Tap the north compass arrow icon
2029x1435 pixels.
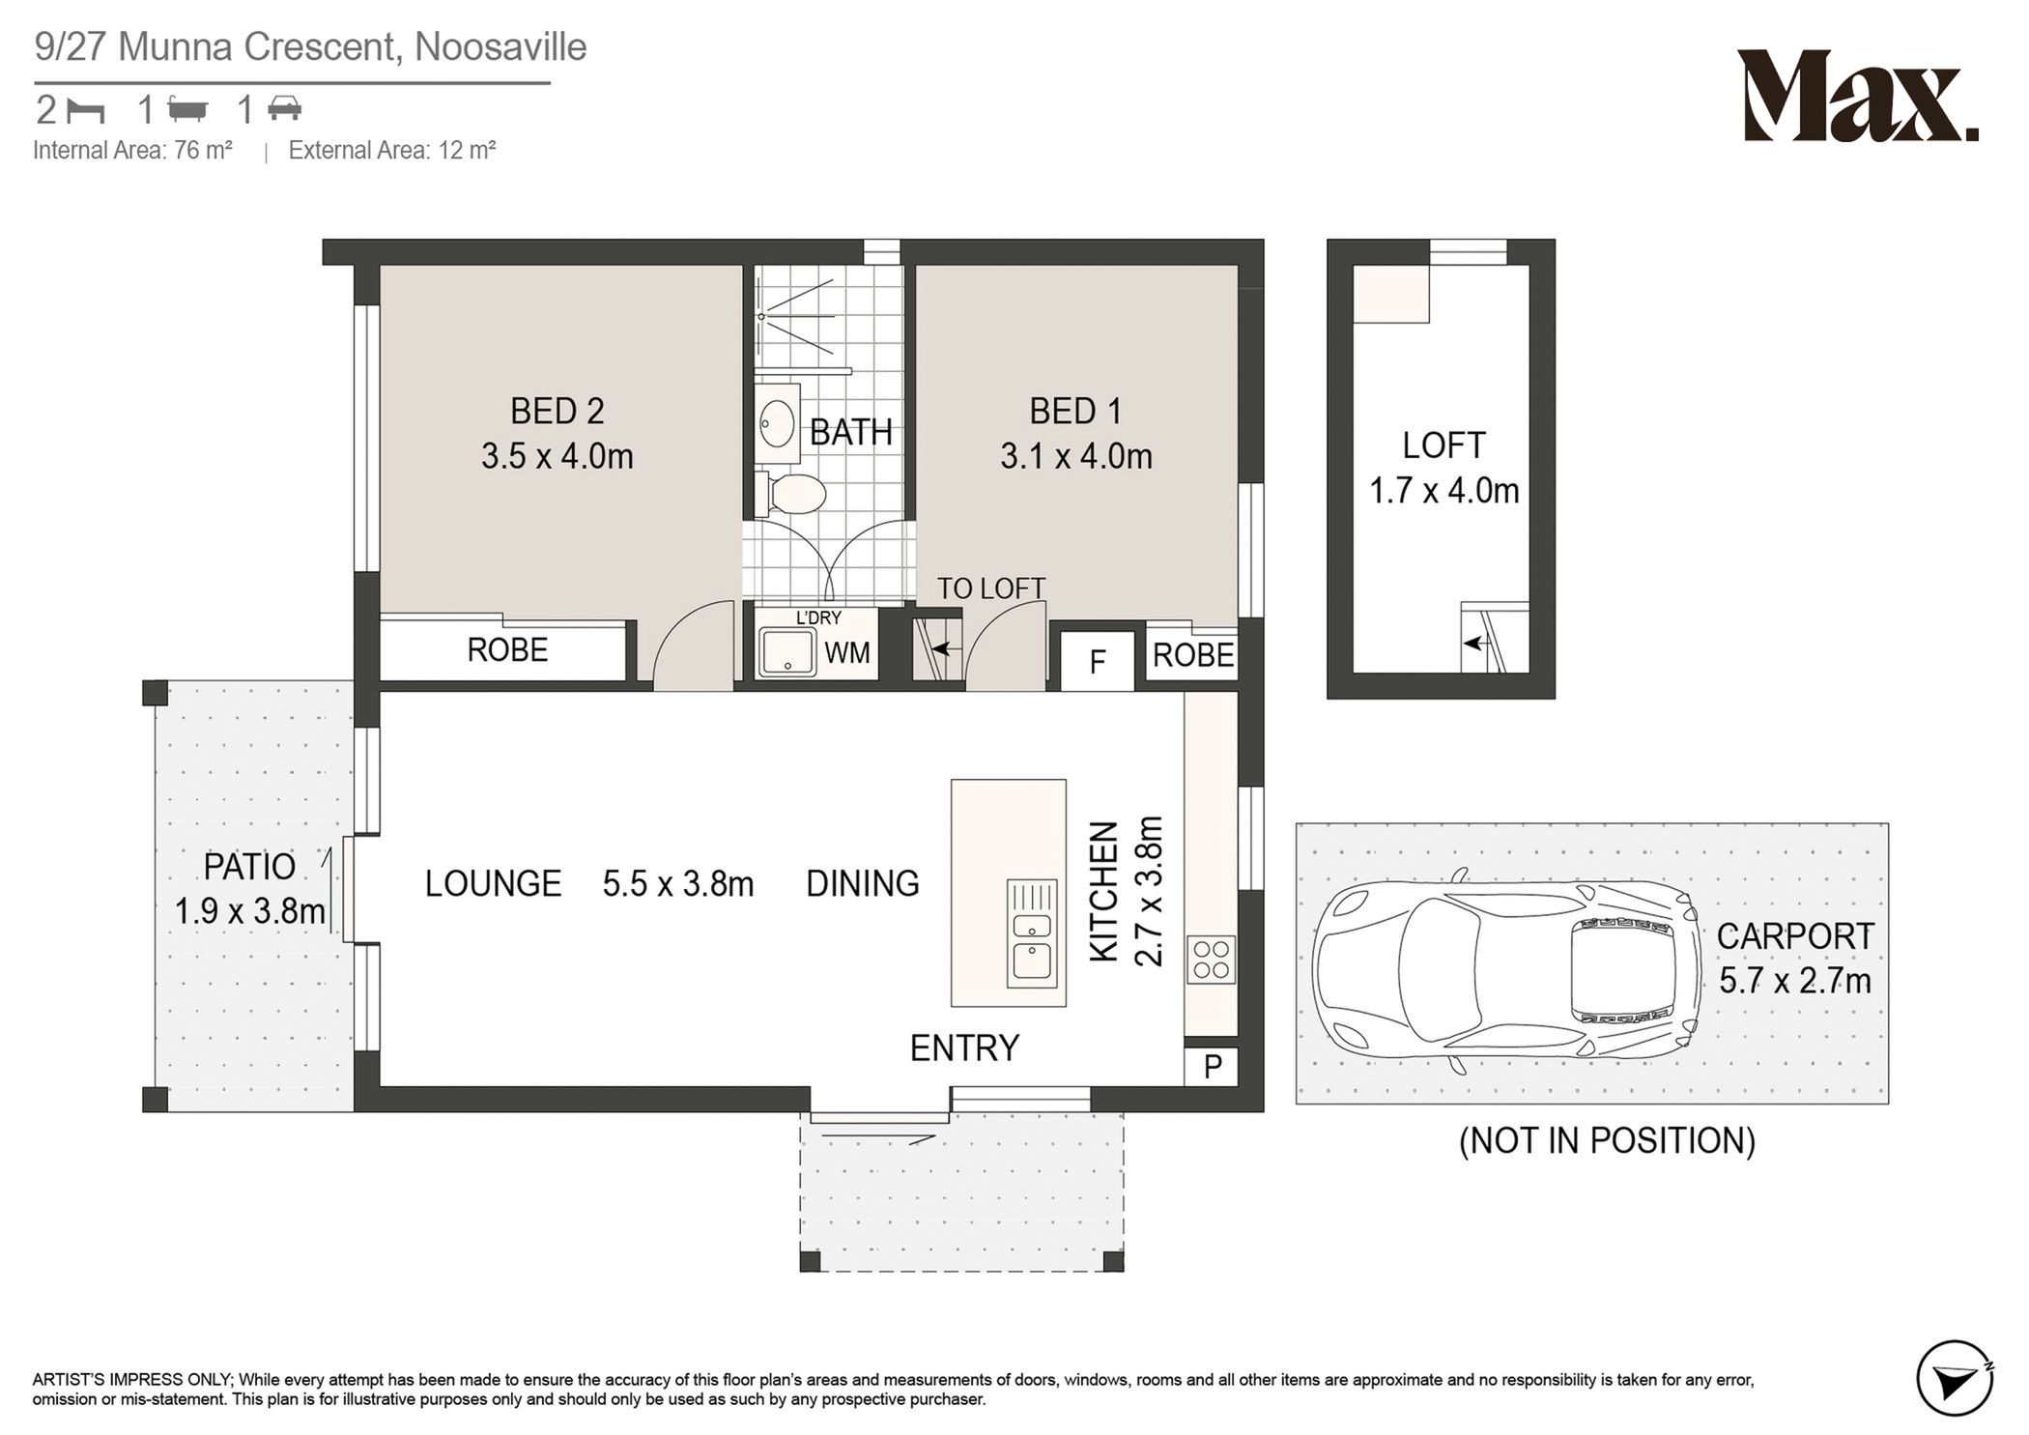[x=1956, y=1377]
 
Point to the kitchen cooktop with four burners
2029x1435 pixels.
[x=1211, y=960]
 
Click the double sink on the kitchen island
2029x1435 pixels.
[x=1032, y=933]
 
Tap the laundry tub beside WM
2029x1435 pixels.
[x=787, y=651]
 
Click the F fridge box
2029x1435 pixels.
[x=1097, y=661]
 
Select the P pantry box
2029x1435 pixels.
[x=1212, y=1066]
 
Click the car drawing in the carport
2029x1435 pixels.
[x=1505, y=970]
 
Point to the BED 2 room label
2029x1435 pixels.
[x=557, y=412]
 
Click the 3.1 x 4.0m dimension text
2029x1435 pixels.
[x=1075, y=456]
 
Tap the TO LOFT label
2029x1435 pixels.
[x=990, y=588]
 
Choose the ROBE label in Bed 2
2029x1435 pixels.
[x=507, y=650]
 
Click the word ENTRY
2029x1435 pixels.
[x=964, y=1048]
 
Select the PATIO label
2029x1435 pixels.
[x=249, y=867]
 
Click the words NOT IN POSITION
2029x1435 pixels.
[x=1607, y=1140]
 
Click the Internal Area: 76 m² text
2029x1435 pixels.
[x=132, y=150]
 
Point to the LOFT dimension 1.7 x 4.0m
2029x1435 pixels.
[x=1443, y=491]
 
